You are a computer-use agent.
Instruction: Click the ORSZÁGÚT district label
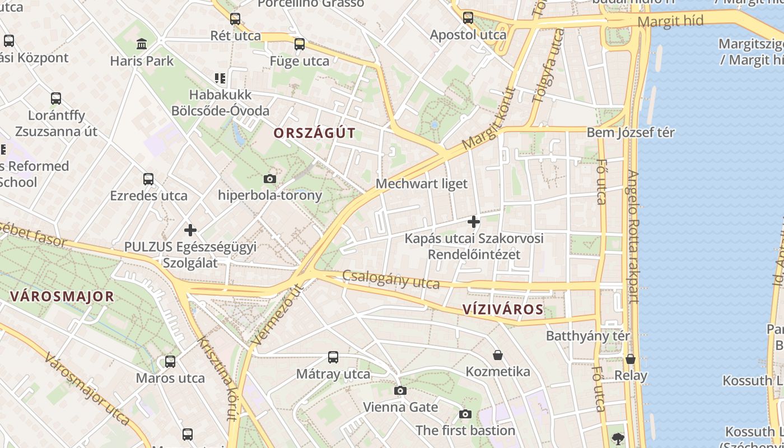point(314,133)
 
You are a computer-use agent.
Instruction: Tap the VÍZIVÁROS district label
point(503,310)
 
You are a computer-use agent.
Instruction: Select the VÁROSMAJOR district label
point(62,297)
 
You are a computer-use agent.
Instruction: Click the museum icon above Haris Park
point(142,44)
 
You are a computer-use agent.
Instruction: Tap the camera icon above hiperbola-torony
point(269,179)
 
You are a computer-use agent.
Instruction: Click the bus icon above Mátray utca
point(333,357)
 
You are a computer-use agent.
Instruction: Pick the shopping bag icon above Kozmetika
point(497,355)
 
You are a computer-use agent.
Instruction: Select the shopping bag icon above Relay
point(631,359)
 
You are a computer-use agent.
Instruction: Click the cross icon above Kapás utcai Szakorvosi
point(474,222)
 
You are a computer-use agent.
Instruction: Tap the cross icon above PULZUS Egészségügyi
point(190,230)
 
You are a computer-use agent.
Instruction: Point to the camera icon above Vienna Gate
point(400,390)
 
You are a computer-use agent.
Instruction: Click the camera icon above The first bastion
point(465,414)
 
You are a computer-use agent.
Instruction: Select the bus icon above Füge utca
point(300,44)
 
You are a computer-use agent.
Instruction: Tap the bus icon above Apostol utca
point(468,18)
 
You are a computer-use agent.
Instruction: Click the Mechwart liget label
point(421,184)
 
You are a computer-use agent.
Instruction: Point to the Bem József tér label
point(631,133)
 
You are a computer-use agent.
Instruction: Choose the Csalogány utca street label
point(391,279)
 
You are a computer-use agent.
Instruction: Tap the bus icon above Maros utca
point(170,362)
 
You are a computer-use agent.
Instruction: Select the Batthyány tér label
point(587,336)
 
